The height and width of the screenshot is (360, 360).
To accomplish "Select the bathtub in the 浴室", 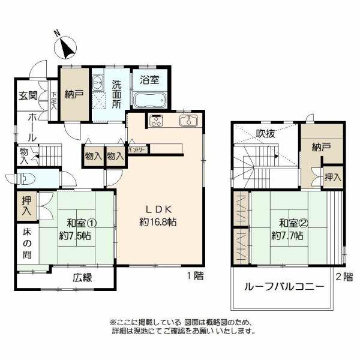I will pyautogui.click(x=150, y=100).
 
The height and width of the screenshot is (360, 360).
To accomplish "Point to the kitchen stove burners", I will pyautogui.click(x=157, y=120).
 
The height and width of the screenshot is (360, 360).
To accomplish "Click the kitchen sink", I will pyautogui.click(x=188, y=121).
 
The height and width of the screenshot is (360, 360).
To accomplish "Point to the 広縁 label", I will pyautogui.click(x=82, y=278).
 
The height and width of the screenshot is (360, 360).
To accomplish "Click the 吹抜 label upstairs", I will pyautogui.click(x=266, y=134).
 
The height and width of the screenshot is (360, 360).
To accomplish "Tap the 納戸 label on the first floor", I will pyautogui.click(x=74, y=93).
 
